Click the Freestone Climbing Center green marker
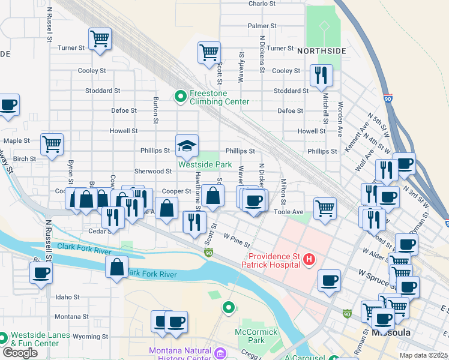coord(179,97)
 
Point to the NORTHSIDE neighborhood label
coord(321,51)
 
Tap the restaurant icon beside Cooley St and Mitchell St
coord(321,75)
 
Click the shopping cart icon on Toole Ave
coord(325,208)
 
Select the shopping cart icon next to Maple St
coord(52,144)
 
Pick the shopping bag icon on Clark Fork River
coord(116,267)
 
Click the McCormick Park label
coord(256,336)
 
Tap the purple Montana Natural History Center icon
coord(220,354)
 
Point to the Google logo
coord(20,353)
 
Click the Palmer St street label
coord(262,26)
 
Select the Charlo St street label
coord(262,3)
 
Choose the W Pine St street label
coord(237,239)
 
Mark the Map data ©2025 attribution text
coord(423,355)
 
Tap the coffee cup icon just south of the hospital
coord(329,280)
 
